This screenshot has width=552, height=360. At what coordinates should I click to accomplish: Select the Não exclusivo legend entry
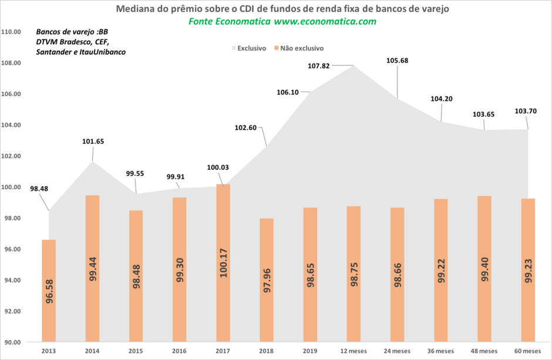tap(298, 48)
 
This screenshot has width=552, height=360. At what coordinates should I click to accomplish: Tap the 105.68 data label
tap(397, 60)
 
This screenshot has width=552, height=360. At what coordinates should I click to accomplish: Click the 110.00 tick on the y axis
tap(12, 32)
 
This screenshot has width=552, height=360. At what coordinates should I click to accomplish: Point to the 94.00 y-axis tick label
tap(12, 280)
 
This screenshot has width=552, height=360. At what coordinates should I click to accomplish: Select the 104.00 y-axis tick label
tap(12, 125)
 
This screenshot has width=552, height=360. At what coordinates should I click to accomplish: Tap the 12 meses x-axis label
tap(354, 351)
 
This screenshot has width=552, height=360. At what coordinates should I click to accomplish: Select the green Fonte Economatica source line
tap(282, 21)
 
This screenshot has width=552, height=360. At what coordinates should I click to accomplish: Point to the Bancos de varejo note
tap(81, 42)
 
